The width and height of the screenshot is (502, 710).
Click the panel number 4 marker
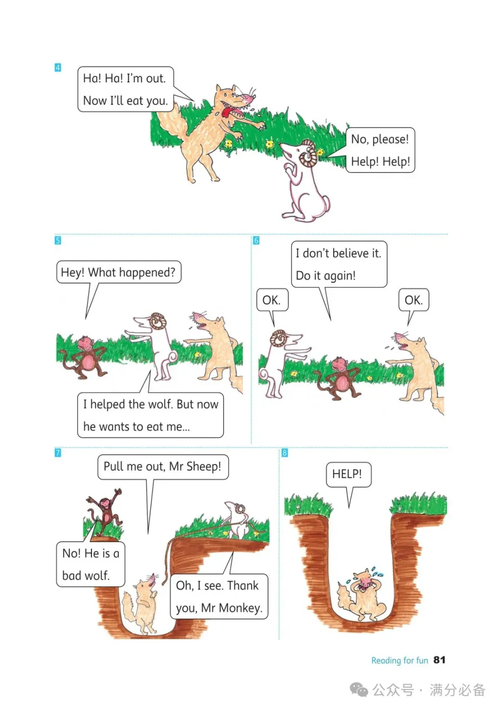click(x=58, y=68)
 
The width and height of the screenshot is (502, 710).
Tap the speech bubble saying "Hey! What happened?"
click(x=119, y=272)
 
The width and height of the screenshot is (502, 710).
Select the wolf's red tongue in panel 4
click(x=227, y=112)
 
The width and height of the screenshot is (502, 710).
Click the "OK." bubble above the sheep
click(x=272, y=300)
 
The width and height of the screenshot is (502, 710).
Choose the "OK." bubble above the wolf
click(x=414, y=300)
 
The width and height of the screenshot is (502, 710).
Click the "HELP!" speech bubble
click(x=348, y=474)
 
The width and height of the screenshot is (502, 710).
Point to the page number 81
click(x=439, y=660)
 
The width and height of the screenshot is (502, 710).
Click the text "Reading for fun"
click(x=399, y=660)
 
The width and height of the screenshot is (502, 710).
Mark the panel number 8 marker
click(x=284, y=453)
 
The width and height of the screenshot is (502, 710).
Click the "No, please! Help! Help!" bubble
click(x=380, y=150)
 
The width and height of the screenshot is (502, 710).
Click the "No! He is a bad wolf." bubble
click(x=91, y=564)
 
